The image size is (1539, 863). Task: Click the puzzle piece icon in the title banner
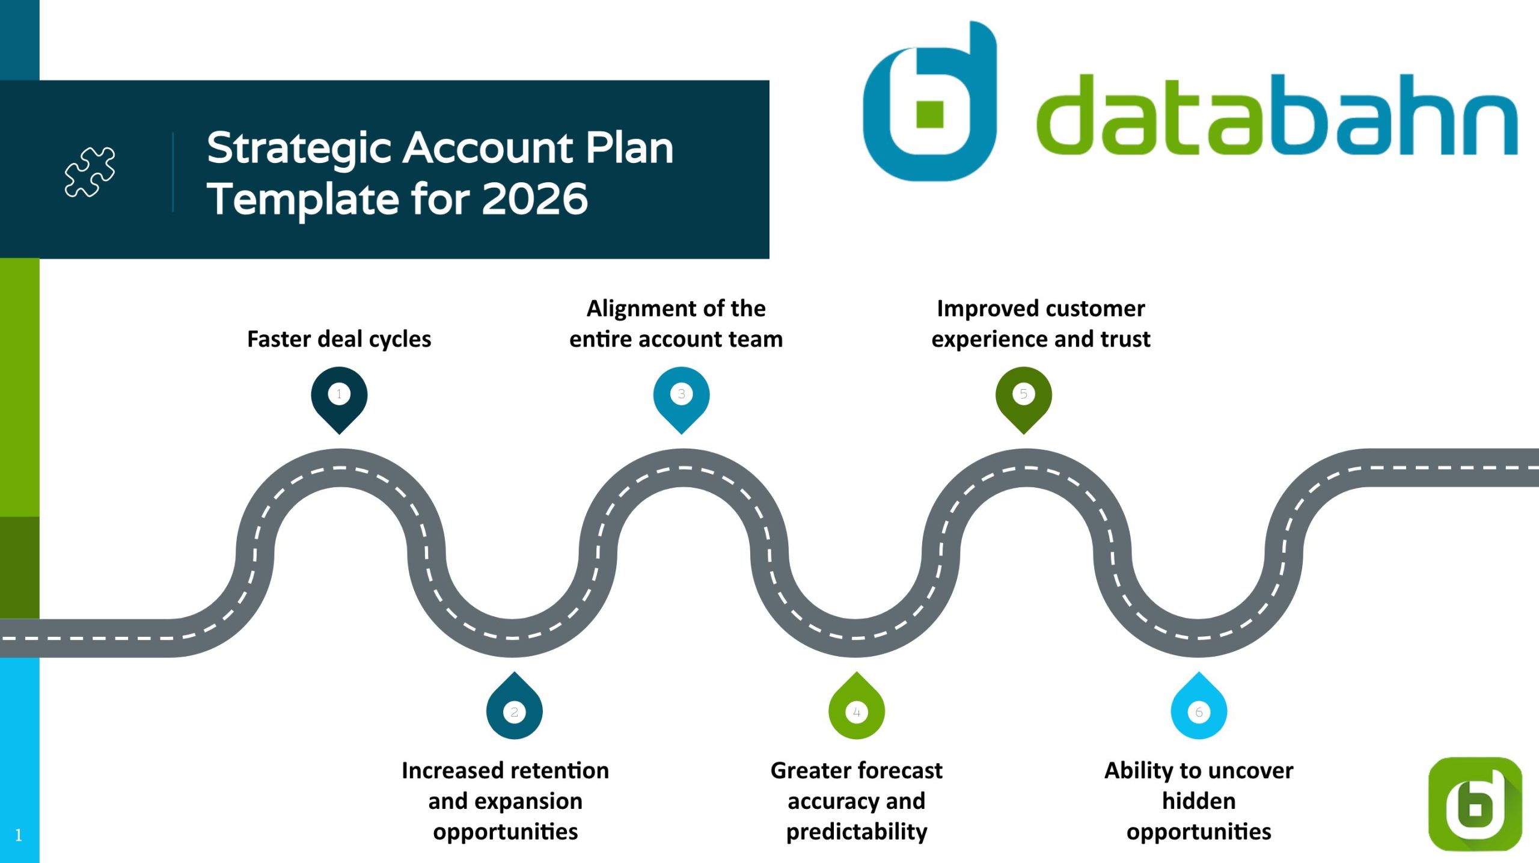tap(90, 171)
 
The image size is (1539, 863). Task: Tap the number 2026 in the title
tap(534, 199)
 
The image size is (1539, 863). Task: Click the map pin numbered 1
tap(339, 397)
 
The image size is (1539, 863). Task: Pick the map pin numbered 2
tap(514, 708)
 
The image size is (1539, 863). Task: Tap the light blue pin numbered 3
tap(681, 397)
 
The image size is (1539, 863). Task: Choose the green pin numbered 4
tap(856, 708)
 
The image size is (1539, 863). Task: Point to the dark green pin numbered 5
tap(1023, 397)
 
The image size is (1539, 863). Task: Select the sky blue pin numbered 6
tap(1198, 708)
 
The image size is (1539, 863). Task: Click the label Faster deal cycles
tap(339, 339)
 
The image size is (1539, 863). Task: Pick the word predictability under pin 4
tap(857, 832)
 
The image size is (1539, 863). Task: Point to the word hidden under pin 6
tap(1199, 801)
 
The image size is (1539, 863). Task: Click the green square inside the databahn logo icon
tap(929, 114)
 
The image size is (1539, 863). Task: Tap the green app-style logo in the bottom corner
tap(1475, 803)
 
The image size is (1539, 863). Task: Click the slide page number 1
tap(19, 835)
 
